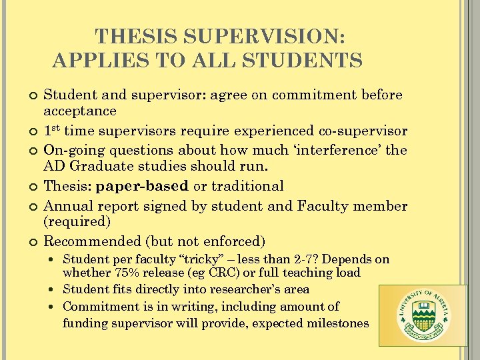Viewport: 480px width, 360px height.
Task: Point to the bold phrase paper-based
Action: tap(143, 186)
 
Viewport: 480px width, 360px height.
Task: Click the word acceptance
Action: tap(80, 111)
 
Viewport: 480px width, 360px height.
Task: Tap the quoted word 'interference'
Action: tap(339, 150)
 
